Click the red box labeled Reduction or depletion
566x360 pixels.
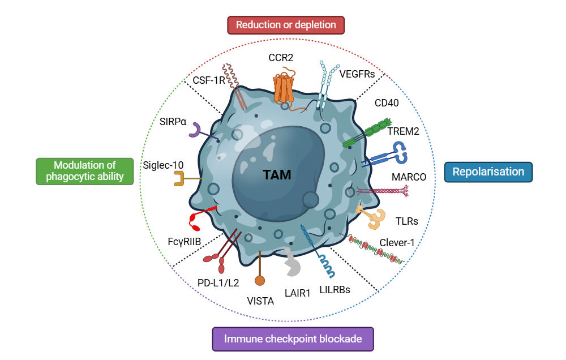pos(286,25)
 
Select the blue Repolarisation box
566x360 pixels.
pos(488,172)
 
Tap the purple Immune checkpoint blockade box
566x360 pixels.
pos(293,339)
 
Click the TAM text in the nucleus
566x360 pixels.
pos(277,175)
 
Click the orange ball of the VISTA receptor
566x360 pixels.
pos(260,280)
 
